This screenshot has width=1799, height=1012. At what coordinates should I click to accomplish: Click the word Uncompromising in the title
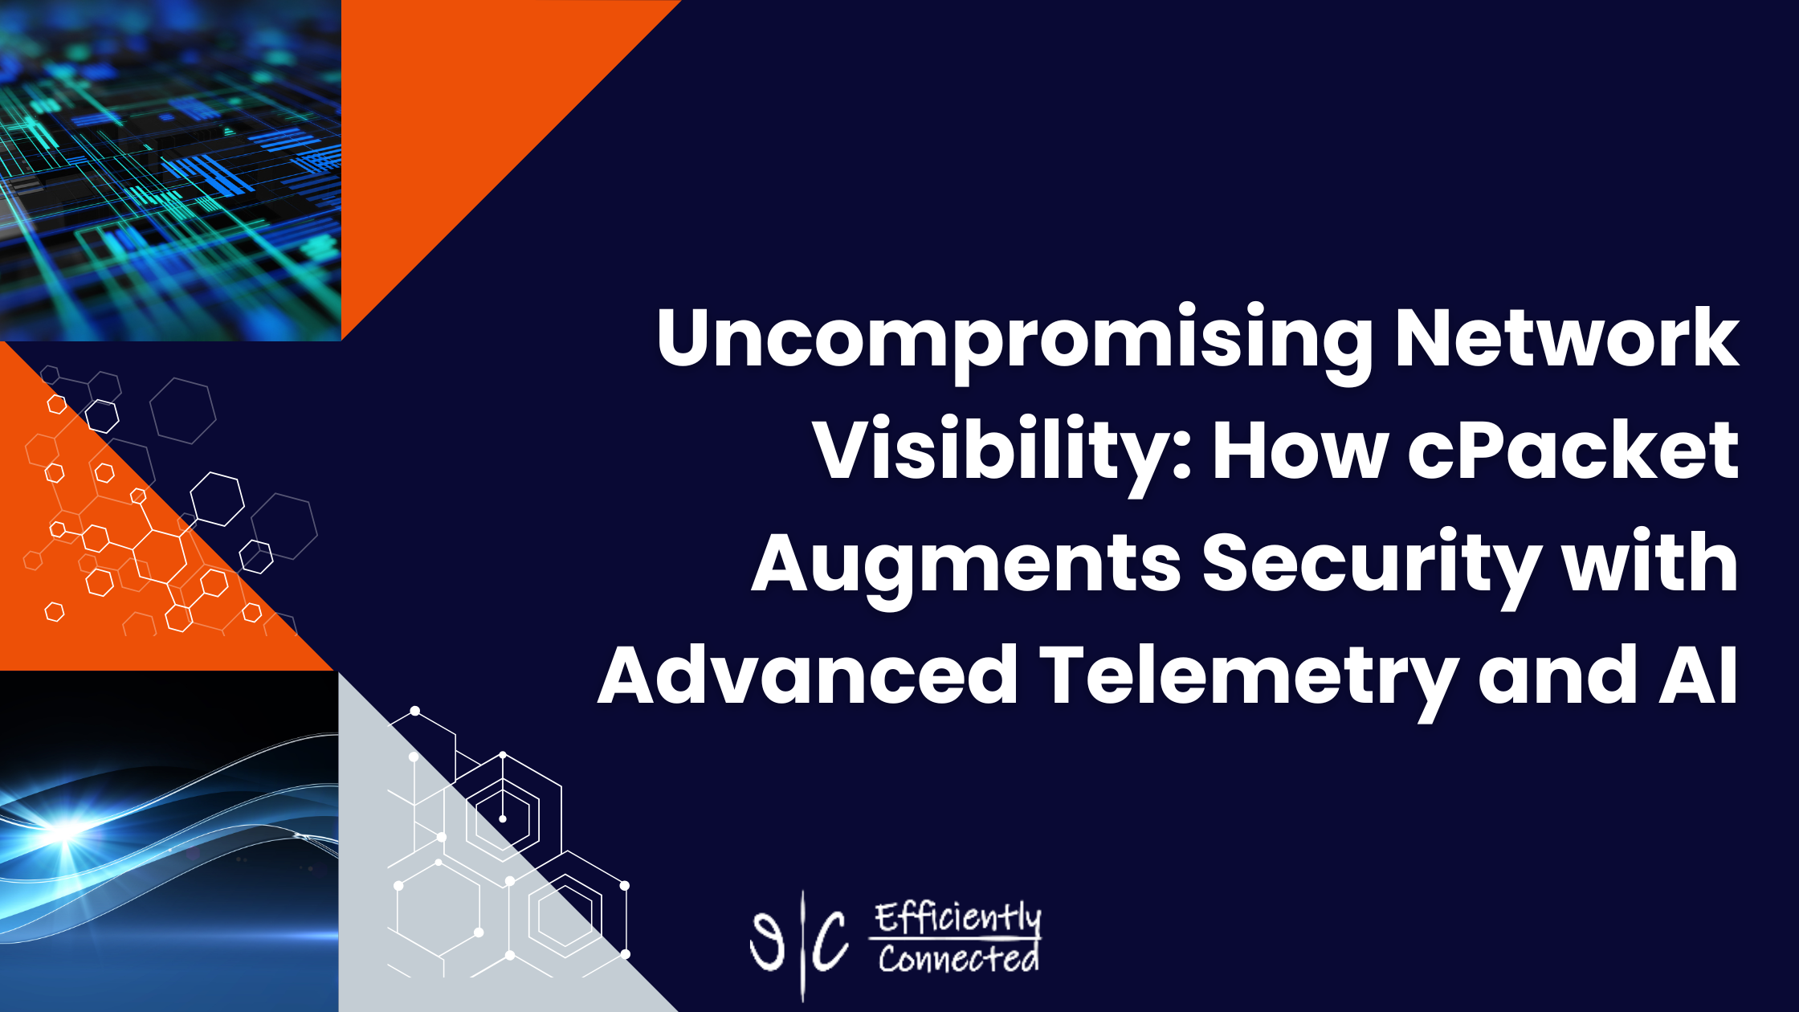pos(1014,342)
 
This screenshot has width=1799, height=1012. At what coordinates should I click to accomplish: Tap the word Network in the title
pos(1567,337)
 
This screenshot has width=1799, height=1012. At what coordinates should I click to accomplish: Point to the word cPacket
pos(1573,450)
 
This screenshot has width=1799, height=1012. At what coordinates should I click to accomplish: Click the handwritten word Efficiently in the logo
pos(957,920)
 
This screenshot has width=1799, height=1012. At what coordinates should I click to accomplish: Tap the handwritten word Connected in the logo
pos(957,958)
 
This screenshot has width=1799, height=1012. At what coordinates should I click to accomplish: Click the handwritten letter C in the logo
pos(830,941)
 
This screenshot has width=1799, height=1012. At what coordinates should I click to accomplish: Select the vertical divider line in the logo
pos(802,945)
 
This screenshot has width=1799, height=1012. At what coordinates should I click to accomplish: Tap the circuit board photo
pos(170,170)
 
